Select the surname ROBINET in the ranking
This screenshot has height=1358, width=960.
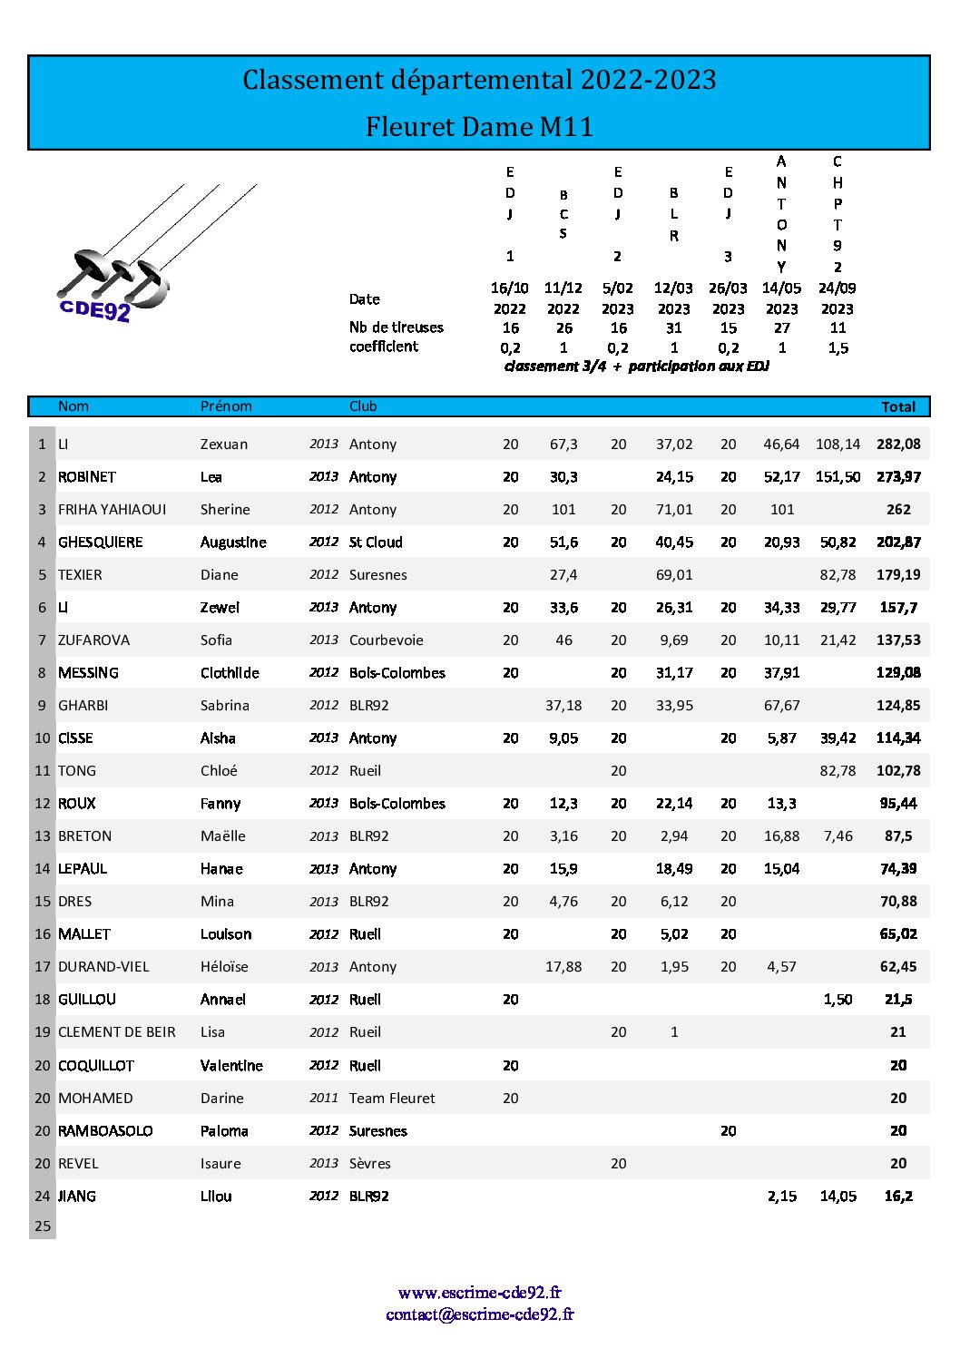pyautogui.click(x=87, y=477)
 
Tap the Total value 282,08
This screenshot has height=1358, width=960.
pyautogui.click(x=898, y=445)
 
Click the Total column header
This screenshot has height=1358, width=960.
pyautogui.click(x=898, y=407)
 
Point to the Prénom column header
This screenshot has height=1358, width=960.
pyautogui.click(x=226, y=406)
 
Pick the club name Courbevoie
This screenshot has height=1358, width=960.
pyautogui.click(x=386, y=640)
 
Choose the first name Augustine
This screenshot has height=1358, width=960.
pyautogui.click(x=233, y=542)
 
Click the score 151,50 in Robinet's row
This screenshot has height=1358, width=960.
pyautogui.click(x=838, y=477)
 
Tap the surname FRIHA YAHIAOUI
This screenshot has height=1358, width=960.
pyautogui.click(x=112, y=510)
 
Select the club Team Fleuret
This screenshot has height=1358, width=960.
pyautogui.click(x=392, y=1099)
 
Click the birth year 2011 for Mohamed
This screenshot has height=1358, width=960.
pyautogui.click(x=323, y=1098)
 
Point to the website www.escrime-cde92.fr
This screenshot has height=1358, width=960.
pyautogui.click(x=479, y=1293)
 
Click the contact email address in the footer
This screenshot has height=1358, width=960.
pyautogui.click(x=479, y=1314)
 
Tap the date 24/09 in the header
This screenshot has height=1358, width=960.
pyautogui.click(x=838, y=288)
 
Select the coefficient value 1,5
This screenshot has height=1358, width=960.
pyautogui.click(x=838, y=348)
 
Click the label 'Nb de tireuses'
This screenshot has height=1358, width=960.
pyautogui.click(x=397, y=327)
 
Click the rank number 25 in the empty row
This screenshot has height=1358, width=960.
pyautogui.click(x=43, y=1226)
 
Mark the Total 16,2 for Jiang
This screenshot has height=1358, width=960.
pyautogui.click(x=898, y=1197)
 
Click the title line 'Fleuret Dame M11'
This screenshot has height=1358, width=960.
pyautogui.click(x=479, y=126)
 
